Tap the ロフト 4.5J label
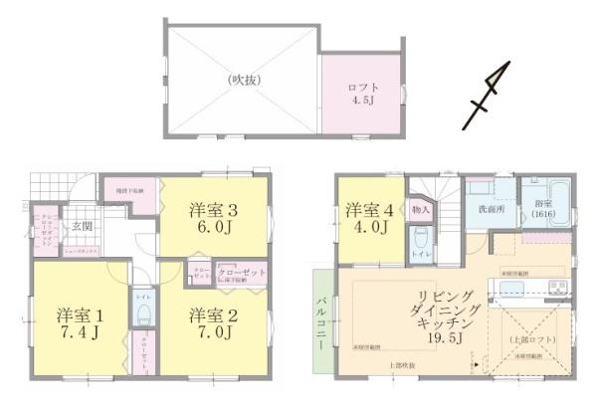(362, 93)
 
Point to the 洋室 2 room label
(212, 314)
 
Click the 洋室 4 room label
(367, 211)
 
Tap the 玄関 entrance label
(81, 225)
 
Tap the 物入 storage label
(421, 210)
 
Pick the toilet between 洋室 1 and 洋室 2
(142, 314)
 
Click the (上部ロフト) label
(527, 340)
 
